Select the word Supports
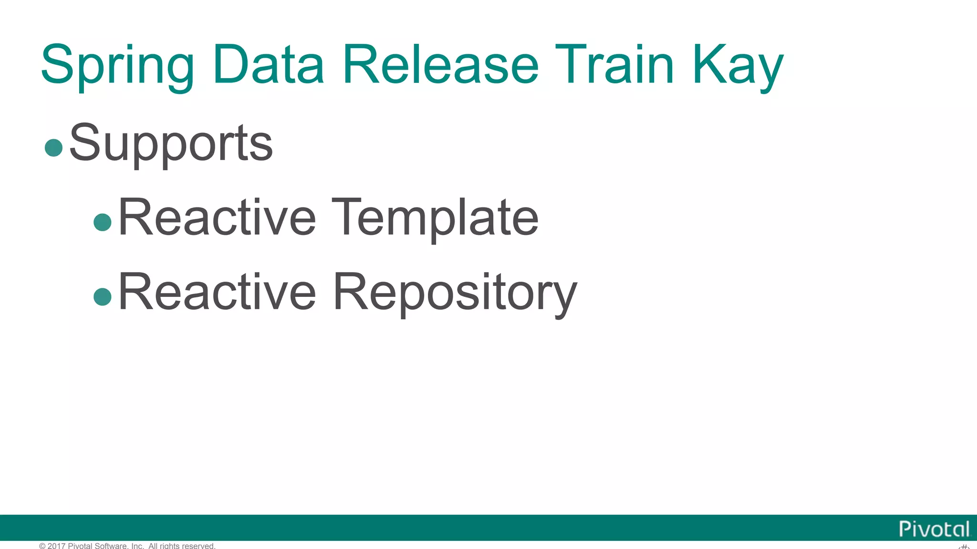[171, 143]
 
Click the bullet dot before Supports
[53, 147]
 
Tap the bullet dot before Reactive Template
[103, 222]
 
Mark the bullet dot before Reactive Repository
[103, 296]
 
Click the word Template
[435, 218]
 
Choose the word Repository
[455, 293]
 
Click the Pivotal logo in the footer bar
[934, 529]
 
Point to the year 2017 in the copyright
[56, 546]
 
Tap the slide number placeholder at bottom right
[964, 546]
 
